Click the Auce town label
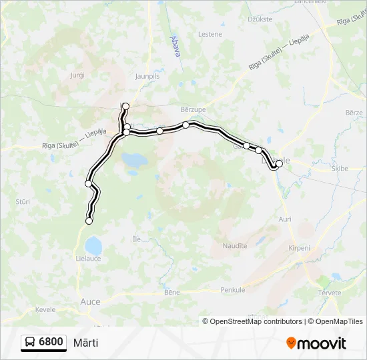click(89, 301)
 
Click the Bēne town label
click(172, 292)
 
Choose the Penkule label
click(233, 290)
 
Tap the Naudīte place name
click(235, 246)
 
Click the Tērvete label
click(330, 293)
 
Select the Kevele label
click(45, 309)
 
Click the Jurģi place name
click(77, 76)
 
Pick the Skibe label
click(340, 169)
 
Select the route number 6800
click(51, 342)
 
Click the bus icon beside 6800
click(30, 342)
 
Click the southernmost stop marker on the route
click(89, 221)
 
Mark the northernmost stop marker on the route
click(125, 106)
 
